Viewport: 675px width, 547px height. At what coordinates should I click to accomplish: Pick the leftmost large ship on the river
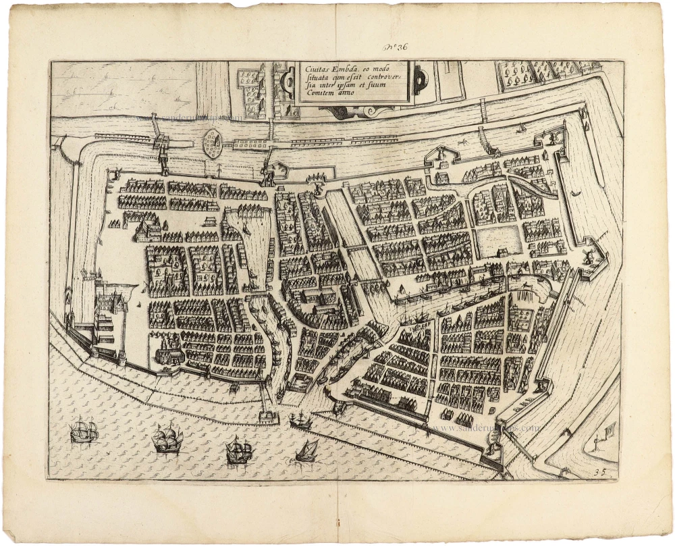(84, 431)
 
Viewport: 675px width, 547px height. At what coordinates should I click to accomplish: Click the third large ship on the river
(239, 450)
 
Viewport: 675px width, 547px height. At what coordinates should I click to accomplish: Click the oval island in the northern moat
(213, 143)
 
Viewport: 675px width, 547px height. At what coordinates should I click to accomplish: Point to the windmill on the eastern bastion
(586, 256)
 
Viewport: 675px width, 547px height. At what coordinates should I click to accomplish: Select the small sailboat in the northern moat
(521, 127)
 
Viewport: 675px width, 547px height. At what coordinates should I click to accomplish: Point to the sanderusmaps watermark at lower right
(486, 427)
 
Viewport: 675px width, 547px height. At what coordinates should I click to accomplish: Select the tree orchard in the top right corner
(540, 74)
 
